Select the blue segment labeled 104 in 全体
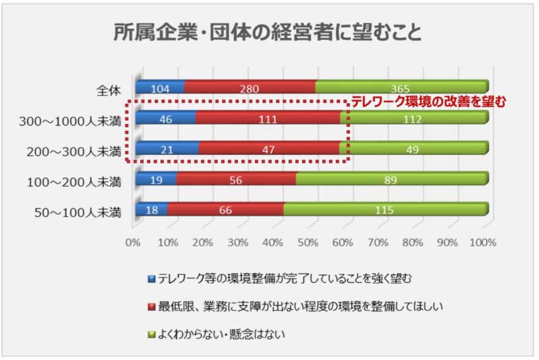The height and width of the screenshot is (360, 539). [160, 87]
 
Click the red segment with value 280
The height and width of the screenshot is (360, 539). [249, 87]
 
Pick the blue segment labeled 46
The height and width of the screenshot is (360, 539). [165, 119]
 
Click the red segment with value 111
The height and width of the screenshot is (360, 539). [267, 119]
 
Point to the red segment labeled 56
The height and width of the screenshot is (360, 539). [236, 180]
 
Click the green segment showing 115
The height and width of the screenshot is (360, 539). [384, 210]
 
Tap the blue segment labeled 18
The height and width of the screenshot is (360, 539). [152, 210]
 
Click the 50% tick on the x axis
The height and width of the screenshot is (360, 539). [308, 242]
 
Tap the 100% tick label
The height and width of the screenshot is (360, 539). [482, 242]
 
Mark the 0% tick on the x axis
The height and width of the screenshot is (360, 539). [133, 242]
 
